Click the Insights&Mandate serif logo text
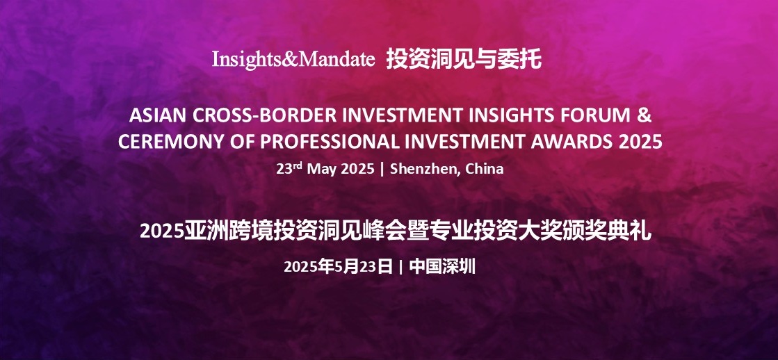(293, 60)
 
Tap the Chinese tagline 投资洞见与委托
(464, 60)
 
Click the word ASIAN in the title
(157, 115)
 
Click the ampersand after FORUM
(644, 115)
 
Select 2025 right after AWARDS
(640, 142)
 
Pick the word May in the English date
(321, 169)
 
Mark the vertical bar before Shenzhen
(382, 169)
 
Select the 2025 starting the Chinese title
(162, 231)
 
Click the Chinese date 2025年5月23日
(339, 267)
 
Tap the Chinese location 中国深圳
(443, 267)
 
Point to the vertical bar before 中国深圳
(401, 268)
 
